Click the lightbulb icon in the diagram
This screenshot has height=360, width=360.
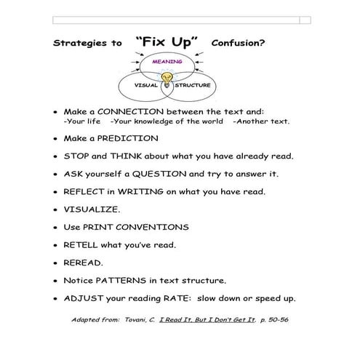click(168, 78)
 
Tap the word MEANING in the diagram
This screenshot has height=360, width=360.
click(167, 63)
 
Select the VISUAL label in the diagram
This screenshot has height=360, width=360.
click(146, 85)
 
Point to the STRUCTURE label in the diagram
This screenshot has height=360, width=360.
click(193, 85)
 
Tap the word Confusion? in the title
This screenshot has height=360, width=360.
click(237, 43)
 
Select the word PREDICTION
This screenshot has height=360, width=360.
click(126, 138)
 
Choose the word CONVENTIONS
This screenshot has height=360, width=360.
click(157, 227)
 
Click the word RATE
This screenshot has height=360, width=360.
click(196, 298)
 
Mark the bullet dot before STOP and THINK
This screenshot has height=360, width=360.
click(56, 157)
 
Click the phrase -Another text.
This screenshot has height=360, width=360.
click(261, 121)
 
